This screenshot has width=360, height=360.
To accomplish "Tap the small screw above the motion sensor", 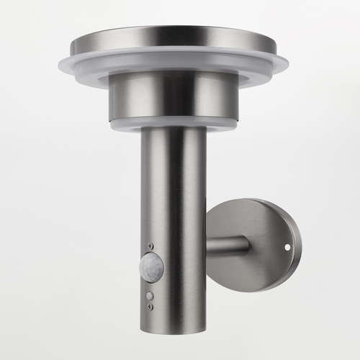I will pyautogui.click(x=150, y=246).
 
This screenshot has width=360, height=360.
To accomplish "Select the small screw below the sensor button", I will pyautogui.click(x=150, y=307).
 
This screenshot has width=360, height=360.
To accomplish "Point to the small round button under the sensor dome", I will pyautogui.click(x=150, y=295).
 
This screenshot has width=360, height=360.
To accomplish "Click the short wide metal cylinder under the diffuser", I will pyautogui.click(x=173, y=97).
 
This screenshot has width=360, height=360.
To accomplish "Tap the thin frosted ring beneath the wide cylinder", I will pyautogui.click(x=173, y=125).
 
